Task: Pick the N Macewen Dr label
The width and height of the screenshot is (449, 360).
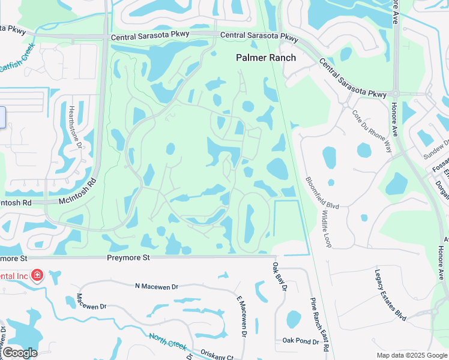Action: click(157, 286)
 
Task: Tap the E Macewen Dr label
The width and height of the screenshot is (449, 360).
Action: click(242, 316)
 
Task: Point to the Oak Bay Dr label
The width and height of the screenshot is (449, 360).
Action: click(280, 277)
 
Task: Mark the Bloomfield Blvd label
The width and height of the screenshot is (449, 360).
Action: click(322, 193)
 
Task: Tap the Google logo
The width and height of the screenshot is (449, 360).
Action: click(19, 353)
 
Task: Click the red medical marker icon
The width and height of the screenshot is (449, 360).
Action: click(37, 275)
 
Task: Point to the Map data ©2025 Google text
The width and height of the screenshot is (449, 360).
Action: click(411, 355)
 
